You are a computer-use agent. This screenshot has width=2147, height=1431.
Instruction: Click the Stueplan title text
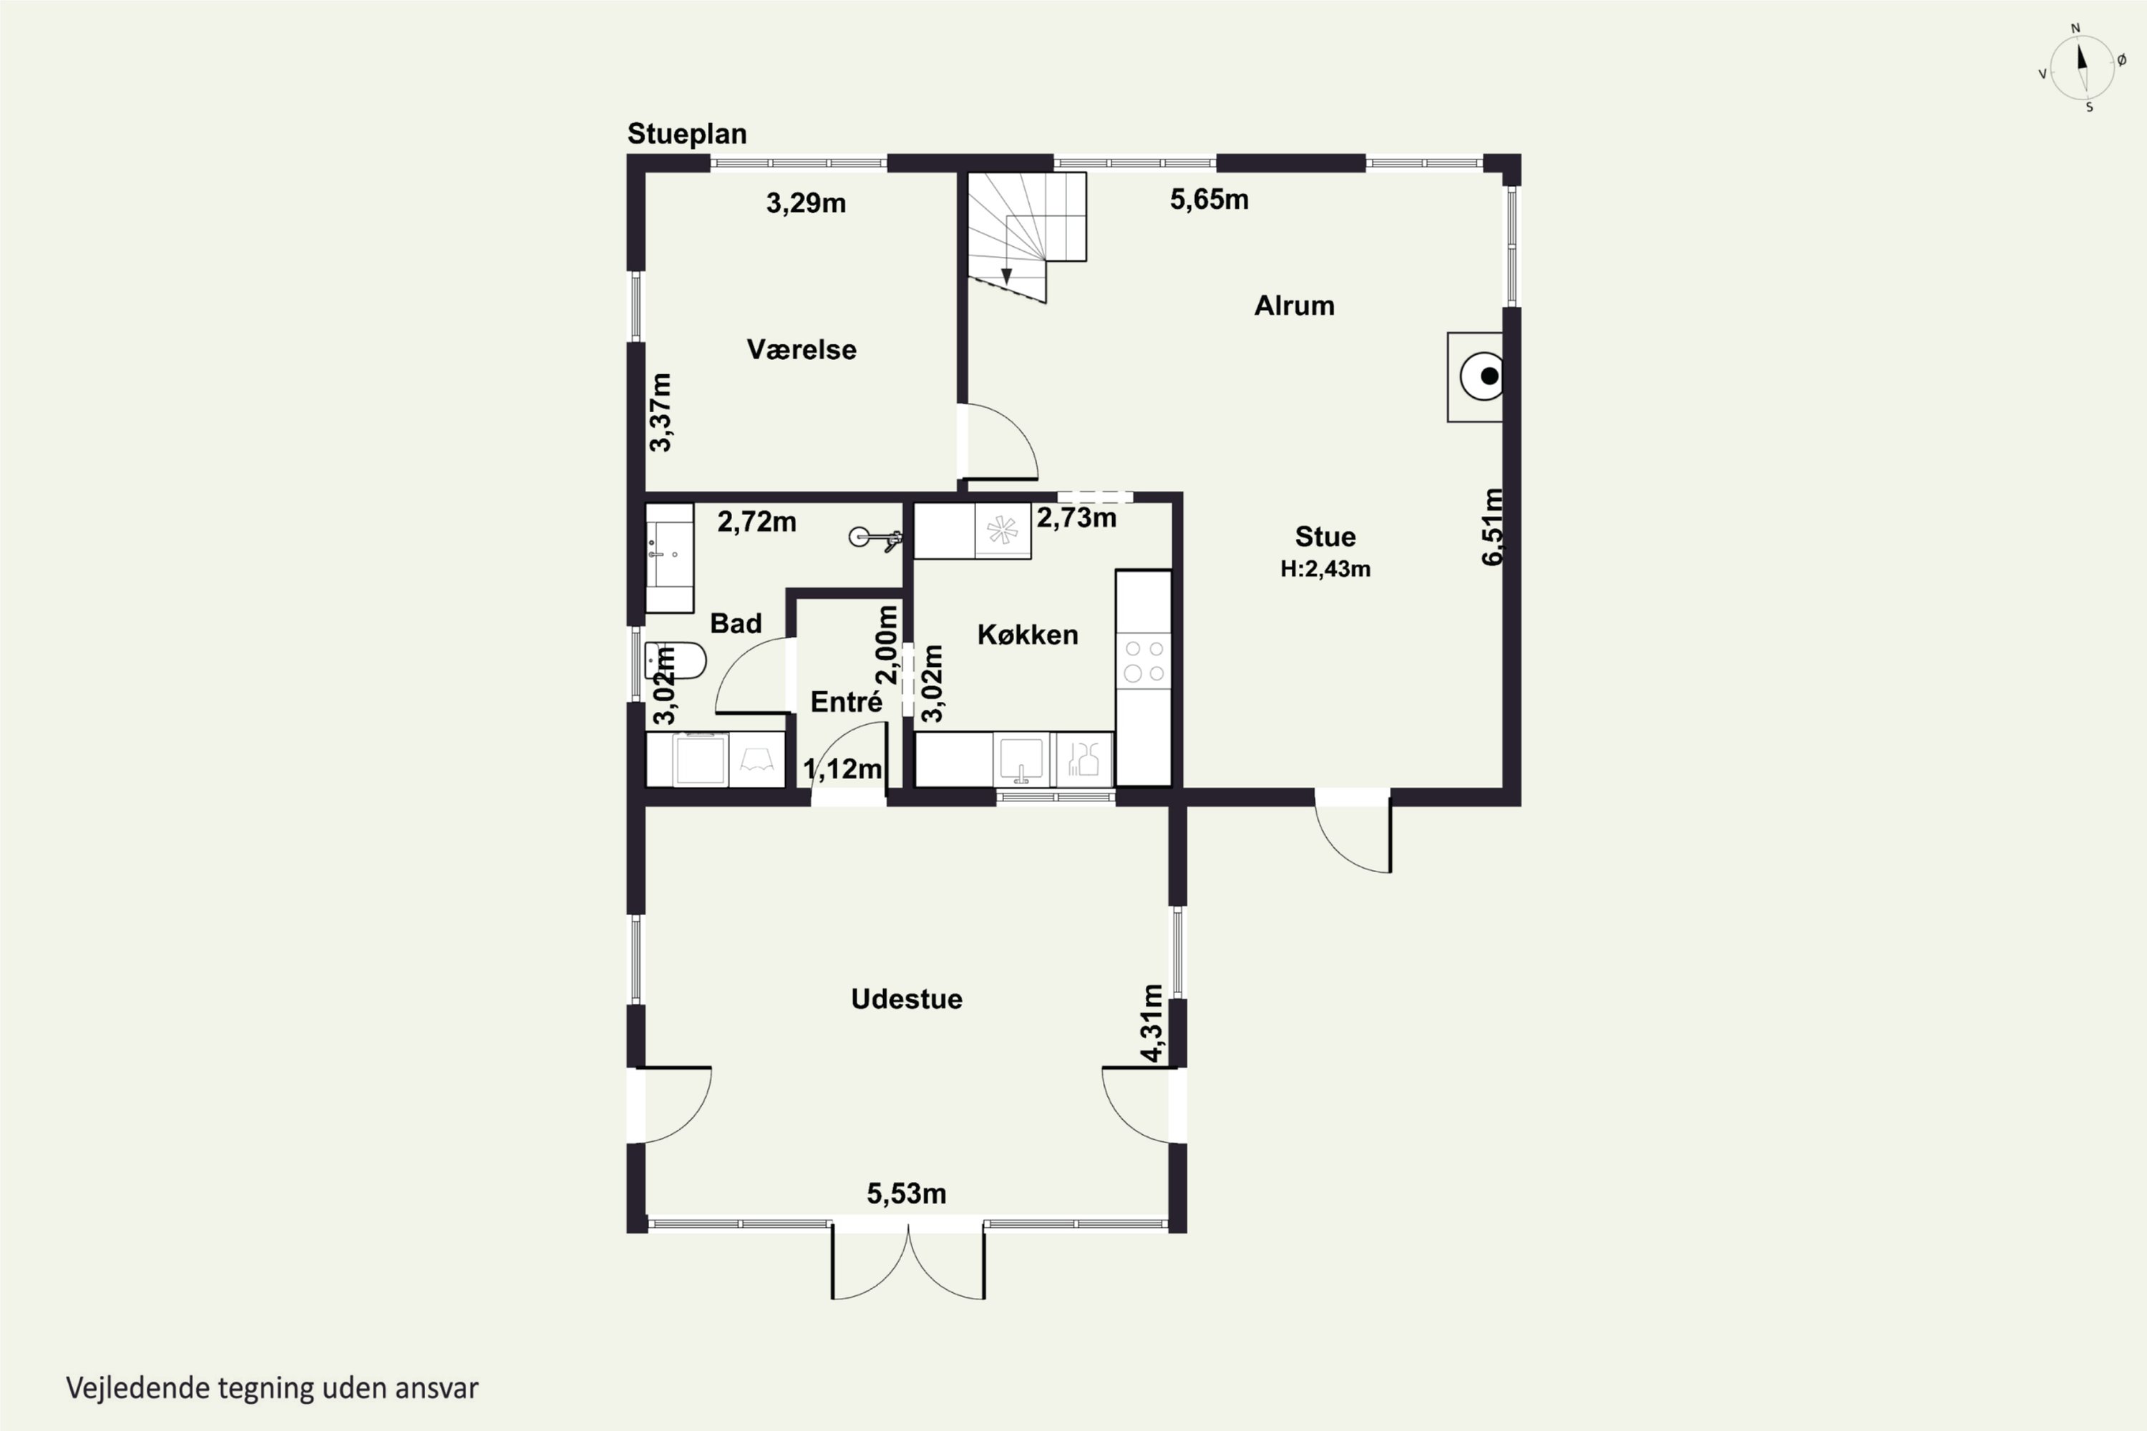686,135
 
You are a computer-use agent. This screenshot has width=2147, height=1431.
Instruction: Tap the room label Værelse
802,350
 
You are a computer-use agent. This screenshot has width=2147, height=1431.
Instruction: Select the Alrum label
1295,306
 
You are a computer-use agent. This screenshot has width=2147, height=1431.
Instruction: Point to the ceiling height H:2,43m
1325,570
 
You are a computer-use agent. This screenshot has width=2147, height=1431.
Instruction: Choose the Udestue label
907,1000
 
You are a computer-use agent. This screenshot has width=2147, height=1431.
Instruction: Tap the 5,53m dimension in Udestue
907,1193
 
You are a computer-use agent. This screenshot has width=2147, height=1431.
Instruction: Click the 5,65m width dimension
1209,200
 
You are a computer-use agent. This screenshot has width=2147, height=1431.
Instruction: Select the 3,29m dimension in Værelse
806,202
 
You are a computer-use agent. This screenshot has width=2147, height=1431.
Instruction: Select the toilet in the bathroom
676,660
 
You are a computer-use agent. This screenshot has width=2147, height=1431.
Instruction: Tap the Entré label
846,702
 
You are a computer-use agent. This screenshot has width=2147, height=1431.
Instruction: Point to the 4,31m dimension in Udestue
1153,1023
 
